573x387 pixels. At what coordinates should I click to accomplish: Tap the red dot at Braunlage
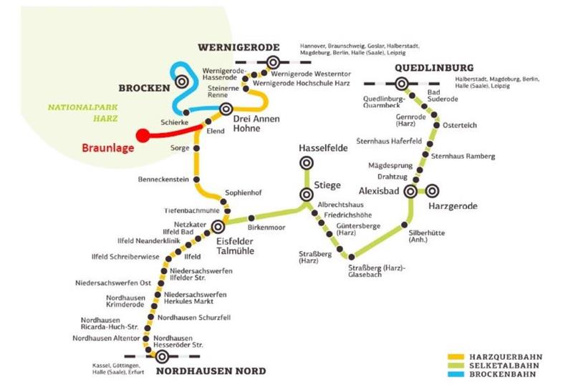click(x=143, y=134)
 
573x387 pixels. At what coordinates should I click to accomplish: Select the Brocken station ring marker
click(x=183, y=84)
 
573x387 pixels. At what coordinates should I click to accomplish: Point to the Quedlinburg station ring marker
click(x=403, y=84)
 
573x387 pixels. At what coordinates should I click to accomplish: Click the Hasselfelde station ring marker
click(x=307, y=162)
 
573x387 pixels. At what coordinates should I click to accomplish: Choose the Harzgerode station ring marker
click(x=432, y=191)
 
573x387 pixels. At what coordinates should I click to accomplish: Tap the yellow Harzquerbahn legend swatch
click(x=456, y=356)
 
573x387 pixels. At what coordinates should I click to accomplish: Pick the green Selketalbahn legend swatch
click(x=456, y=365)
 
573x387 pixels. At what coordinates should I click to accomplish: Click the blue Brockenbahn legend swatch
click(x=456, y=374)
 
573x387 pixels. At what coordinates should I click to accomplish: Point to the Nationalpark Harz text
click(x=81, y=113)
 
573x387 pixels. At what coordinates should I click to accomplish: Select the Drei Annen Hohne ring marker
click(x=226, y=109)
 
